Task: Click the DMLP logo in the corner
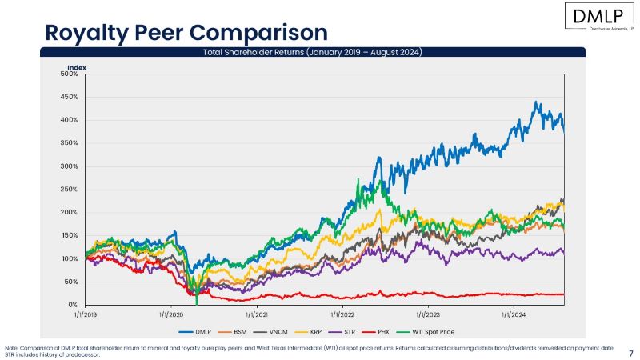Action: [598, 17]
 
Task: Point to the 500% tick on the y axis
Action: [70, 74]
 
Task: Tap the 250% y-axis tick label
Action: [70, 190]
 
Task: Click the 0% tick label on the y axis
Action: [73, 305]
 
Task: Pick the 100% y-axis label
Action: [70, 259]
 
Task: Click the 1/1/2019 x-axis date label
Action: [86, 315]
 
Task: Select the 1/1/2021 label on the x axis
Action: [256, 315]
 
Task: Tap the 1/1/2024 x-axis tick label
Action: [513, 315]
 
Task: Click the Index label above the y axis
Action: [76, 67]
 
